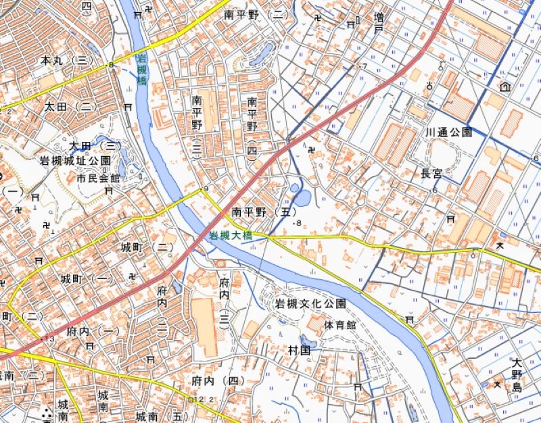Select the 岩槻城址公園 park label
pos(75,161)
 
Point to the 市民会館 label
pos(97,178)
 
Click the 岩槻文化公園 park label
pos(310,304)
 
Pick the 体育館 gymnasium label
pos(339,325)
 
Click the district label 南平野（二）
pos(256,14)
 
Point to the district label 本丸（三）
pos(66,61)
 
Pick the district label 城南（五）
pos(162,416)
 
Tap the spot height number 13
pos(49,338)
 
